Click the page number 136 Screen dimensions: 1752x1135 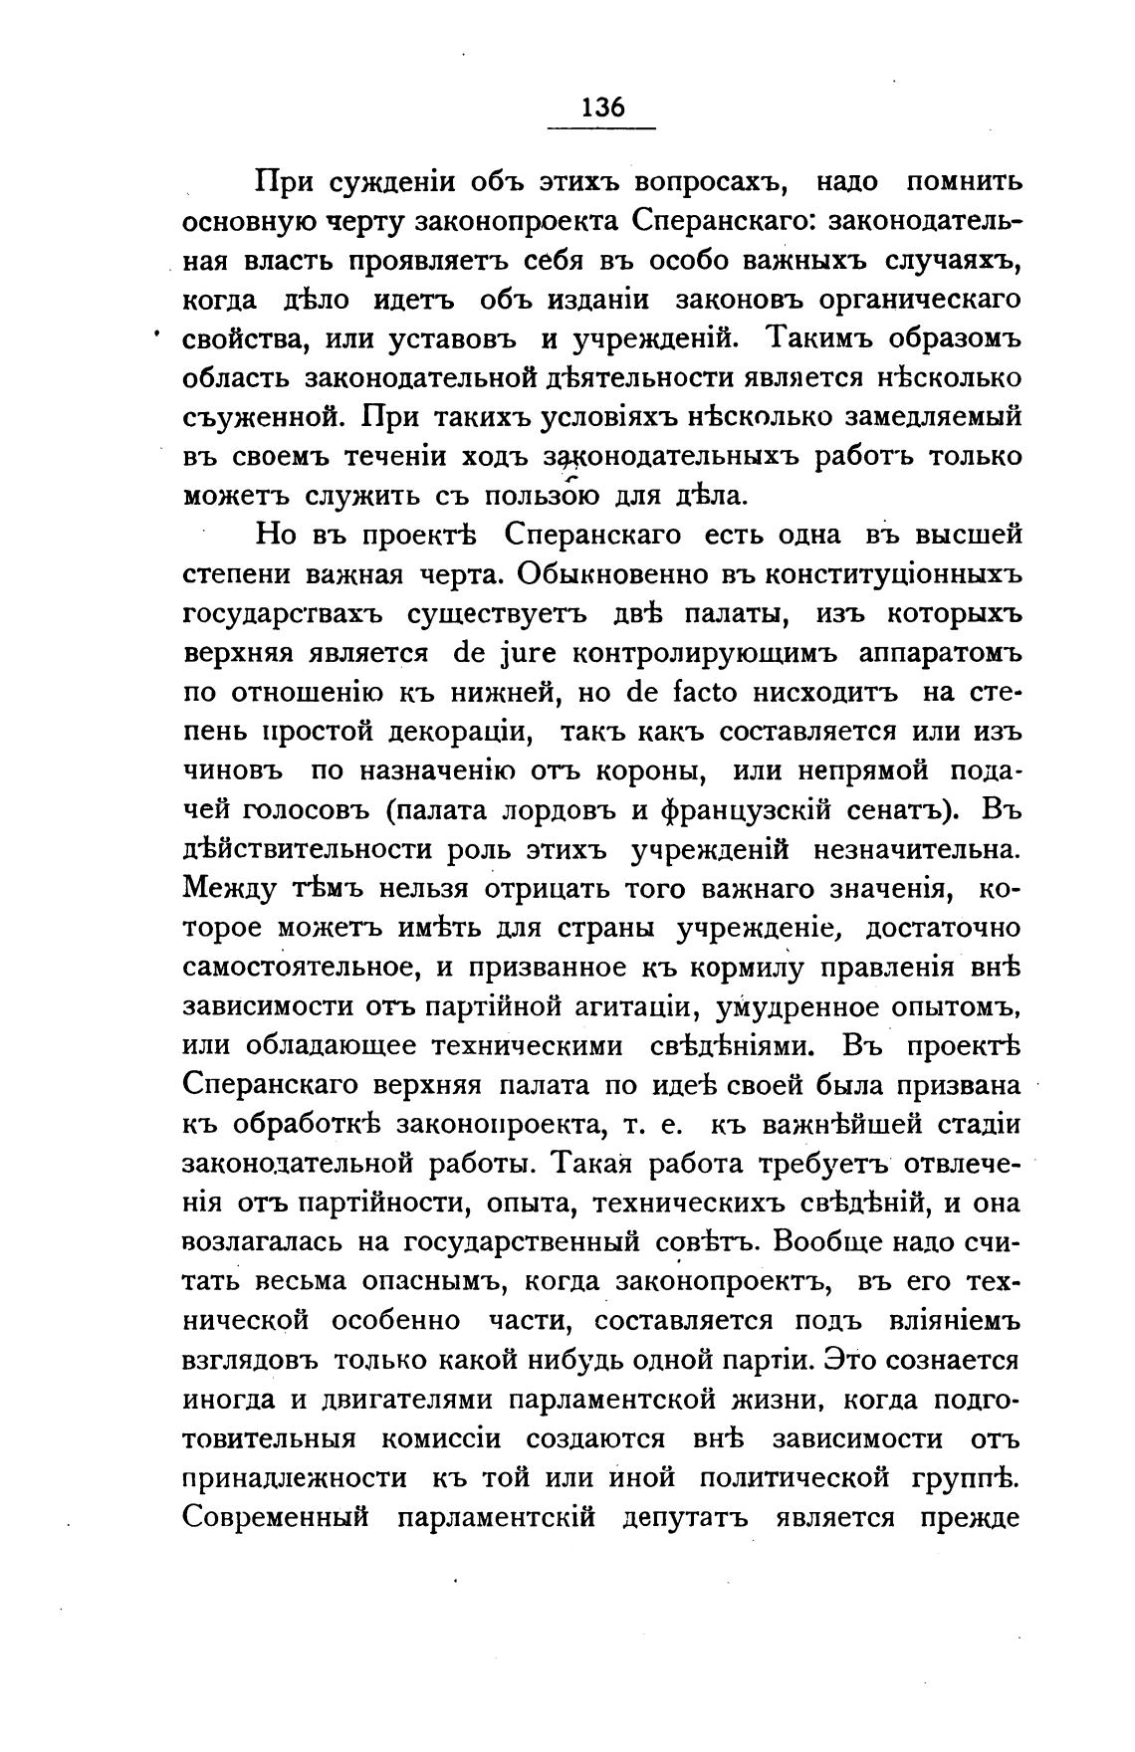point(602,107)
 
